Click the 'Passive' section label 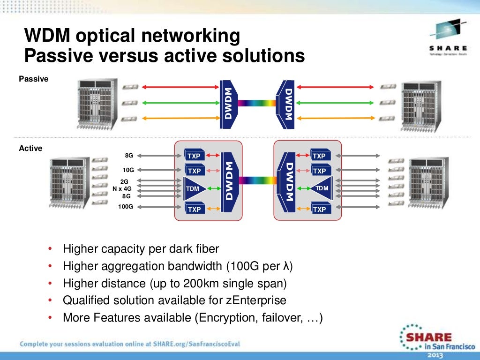coord(33,79)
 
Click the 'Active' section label coord(30,149)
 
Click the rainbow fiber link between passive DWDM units coord(257,103)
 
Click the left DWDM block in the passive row coord(228,104)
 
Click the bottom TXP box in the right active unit coord(319,209)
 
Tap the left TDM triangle coord(192,188)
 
